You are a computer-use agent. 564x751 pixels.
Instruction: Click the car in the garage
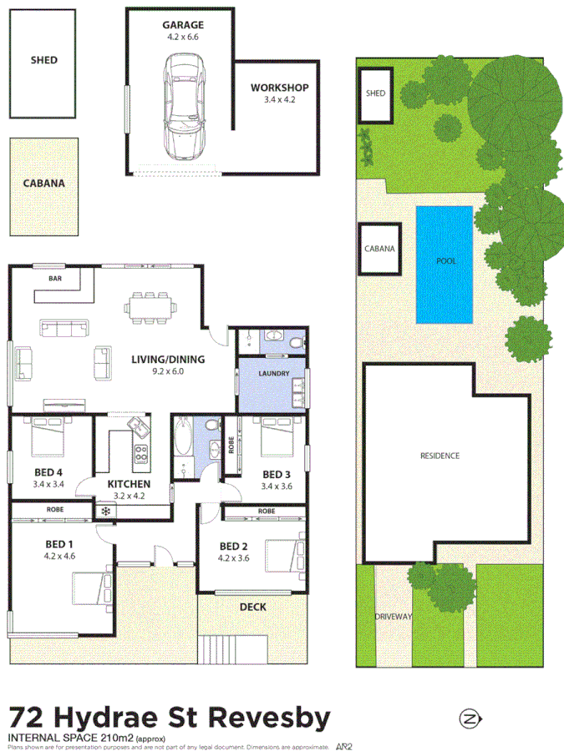183,107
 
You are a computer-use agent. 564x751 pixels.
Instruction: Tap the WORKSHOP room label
279,88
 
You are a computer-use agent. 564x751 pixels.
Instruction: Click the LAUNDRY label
273,373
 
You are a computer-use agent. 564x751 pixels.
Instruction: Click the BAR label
56,277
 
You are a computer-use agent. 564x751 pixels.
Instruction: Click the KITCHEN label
129,483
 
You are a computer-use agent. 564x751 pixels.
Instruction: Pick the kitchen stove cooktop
140,455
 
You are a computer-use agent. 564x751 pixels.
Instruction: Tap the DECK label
252,607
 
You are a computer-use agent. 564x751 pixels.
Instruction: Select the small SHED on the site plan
376,93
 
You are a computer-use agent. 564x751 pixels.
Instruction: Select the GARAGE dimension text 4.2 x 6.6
183,37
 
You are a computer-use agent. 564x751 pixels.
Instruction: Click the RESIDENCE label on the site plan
440,456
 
